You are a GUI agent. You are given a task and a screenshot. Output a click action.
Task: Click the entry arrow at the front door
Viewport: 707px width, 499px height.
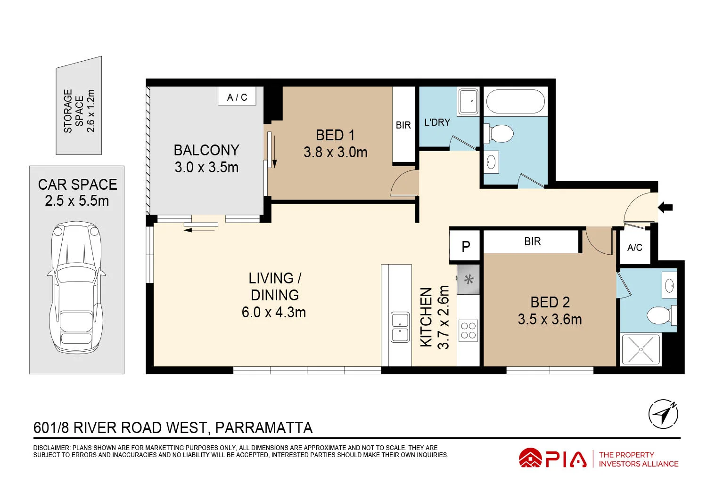coord(666,207)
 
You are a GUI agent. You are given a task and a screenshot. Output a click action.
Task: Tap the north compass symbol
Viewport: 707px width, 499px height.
coord(663,414)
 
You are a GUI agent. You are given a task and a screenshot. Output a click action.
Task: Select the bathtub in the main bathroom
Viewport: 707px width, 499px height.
coord(515,102)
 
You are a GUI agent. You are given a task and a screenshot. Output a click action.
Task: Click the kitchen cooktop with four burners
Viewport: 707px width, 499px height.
coord(468,330)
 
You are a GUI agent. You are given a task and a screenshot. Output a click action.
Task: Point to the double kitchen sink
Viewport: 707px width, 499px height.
coord(400,327)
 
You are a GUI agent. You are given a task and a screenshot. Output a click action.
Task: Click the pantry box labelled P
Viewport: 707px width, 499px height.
coord(465,246)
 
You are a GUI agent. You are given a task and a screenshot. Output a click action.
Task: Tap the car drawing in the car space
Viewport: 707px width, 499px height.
coord(76,288)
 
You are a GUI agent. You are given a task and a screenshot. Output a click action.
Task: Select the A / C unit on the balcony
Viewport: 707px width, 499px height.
coord(237,97)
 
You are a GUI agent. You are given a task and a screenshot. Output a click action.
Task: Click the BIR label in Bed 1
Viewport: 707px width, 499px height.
coord(403,125)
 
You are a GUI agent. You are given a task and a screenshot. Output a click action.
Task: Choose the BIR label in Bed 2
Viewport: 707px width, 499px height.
coord(532,241)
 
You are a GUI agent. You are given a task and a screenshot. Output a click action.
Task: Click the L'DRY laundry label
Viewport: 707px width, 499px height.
coord(437,122)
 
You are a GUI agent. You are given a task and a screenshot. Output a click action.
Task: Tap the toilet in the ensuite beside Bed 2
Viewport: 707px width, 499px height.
coord(661,315)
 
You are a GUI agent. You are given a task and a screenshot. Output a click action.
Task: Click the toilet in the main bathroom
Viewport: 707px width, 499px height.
coord(500,134)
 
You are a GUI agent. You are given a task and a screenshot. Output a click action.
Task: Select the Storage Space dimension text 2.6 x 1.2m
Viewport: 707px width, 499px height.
coord(91,111)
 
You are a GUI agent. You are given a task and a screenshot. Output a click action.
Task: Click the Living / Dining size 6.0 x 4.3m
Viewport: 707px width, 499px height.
coord(274,312)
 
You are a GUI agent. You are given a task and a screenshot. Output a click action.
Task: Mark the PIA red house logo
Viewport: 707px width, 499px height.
coord(530,458)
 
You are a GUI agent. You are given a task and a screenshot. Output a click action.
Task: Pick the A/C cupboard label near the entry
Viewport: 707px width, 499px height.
coord(634,248)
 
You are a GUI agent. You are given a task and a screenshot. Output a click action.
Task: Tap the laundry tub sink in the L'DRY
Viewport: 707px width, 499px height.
coord(469,101)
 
